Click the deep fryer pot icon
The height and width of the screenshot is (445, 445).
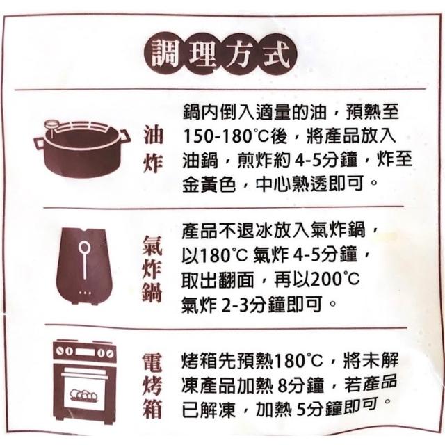[82, 148]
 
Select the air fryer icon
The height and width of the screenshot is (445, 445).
[84, 266]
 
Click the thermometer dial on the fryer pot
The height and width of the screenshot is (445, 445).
[51, 124]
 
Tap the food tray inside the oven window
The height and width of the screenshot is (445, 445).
[84, 395]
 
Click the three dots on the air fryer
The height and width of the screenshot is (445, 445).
[85, 293]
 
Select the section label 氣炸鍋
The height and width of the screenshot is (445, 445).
[152, 269]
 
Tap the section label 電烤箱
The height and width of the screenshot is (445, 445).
[152, 386]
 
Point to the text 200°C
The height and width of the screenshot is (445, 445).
[335, 280]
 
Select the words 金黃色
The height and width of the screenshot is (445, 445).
[209, 185]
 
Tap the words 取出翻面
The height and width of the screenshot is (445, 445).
[218, 280]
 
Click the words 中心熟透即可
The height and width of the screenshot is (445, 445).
[309, 184]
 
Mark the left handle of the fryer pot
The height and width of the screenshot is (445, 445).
[39, 144]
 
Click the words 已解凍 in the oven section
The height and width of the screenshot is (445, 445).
[209, 410]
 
